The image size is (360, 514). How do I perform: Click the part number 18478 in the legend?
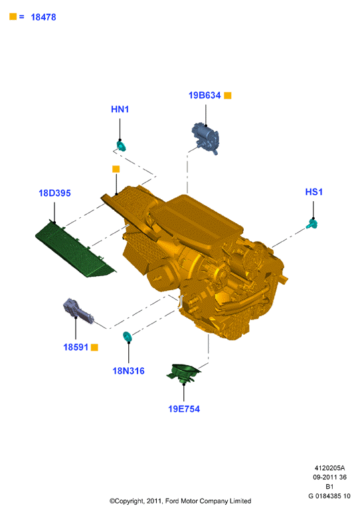coord(43,17)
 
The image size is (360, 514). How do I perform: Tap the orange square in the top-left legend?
coord(13,17)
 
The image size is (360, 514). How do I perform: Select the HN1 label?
coord(120,109)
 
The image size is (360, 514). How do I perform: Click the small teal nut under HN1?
coord(122,145)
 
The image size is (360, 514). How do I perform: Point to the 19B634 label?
coord(205,96)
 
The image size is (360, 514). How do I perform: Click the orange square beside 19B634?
coord(228,96)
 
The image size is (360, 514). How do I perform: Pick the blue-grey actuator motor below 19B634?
coord(205,138)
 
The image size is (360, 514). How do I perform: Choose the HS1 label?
coord(314,192)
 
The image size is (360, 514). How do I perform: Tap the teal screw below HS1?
coord(312,224)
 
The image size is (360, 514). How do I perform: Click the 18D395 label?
coord(54,193)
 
